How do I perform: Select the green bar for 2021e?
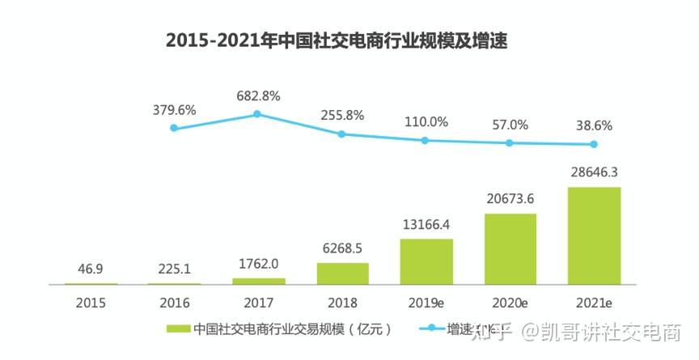click(594, 235)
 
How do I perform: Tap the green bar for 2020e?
click(510, 248)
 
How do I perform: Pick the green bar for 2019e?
click(426, 261)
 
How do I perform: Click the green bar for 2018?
click(342, 273)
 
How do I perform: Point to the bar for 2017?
click(258, 281)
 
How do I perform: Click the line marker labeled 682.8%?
click(258, 114)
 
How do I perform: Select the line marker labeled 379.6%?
click(174, 128)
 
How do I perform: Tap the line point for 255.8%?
click(342, 134)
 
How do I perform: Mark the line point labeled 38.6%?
click(594, 145)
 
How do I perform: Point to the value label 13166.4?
click(426, 224)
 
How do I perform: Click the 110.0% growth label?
click(426, 122)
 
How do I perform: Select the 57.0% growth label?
click(510, 125)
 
